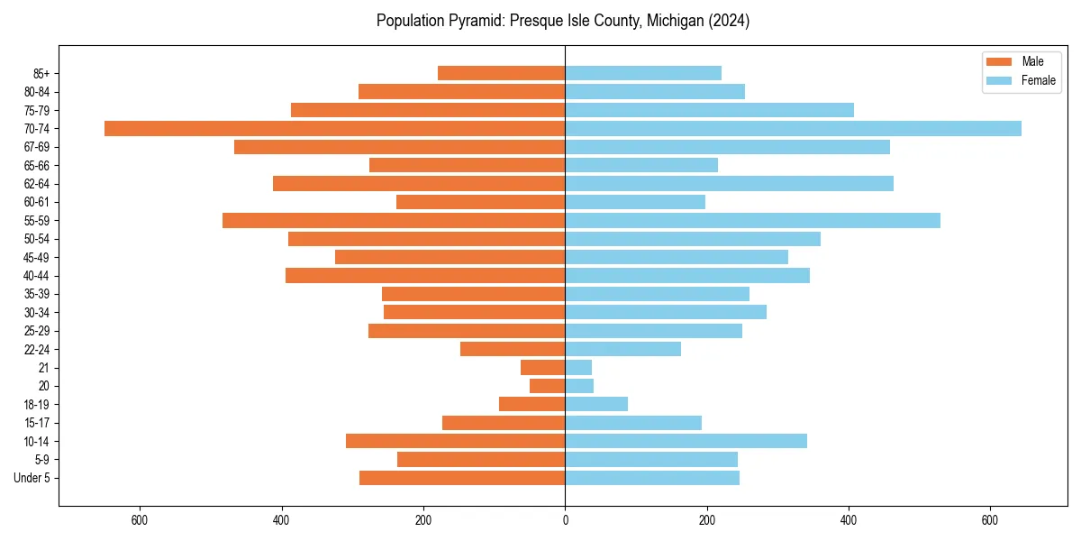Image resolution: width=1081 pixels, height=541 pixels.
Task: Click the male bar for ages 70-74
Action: pos(334,128)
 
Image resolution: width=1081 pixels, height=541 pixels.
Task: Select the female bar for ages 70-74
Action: pos(793,128)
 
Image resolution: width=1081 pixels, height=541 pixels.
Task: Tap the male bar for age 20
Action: pos(548,386)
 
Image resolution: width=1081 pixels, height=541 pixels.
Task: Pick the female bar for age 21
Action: pos(578,367)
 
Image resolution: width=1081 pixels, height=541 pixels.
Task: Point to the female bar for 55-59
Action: pos(752,220)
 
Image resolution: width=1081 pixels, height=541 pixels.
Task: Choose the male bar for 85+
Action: pos(501,73)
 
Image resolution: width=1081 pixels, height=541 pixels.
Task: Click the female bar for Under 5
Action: pos(652,478)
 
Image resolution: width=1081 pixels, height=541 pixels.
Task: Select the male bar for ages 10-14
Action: pos(455,441)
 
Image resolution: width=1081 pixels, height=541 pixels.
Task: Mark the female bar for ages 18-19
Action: pos(596,404)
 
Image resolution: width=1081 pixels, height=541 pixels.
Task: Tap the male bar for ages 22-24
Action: pos(513,349)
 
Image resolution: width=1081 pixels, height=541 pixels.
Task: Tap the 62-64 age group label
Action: pos(37,184)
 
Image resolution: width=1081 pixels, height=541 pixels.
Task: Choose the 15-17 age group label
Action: pos(37,423)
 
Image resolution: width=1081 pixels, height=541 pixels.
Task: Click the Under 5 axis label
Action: pos(32,478)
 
